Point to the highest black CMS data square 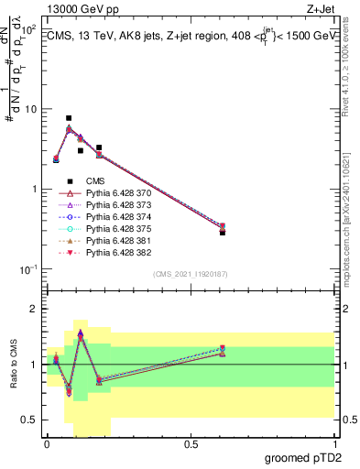(69, 118)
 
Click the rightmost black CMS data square (223, 233)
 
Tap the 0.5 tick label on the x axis (191, 443)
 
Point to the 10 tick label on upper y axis (29, 109)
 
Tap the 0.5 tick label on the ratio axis (30, 420)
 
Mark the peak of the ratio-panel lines (81, 333)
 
